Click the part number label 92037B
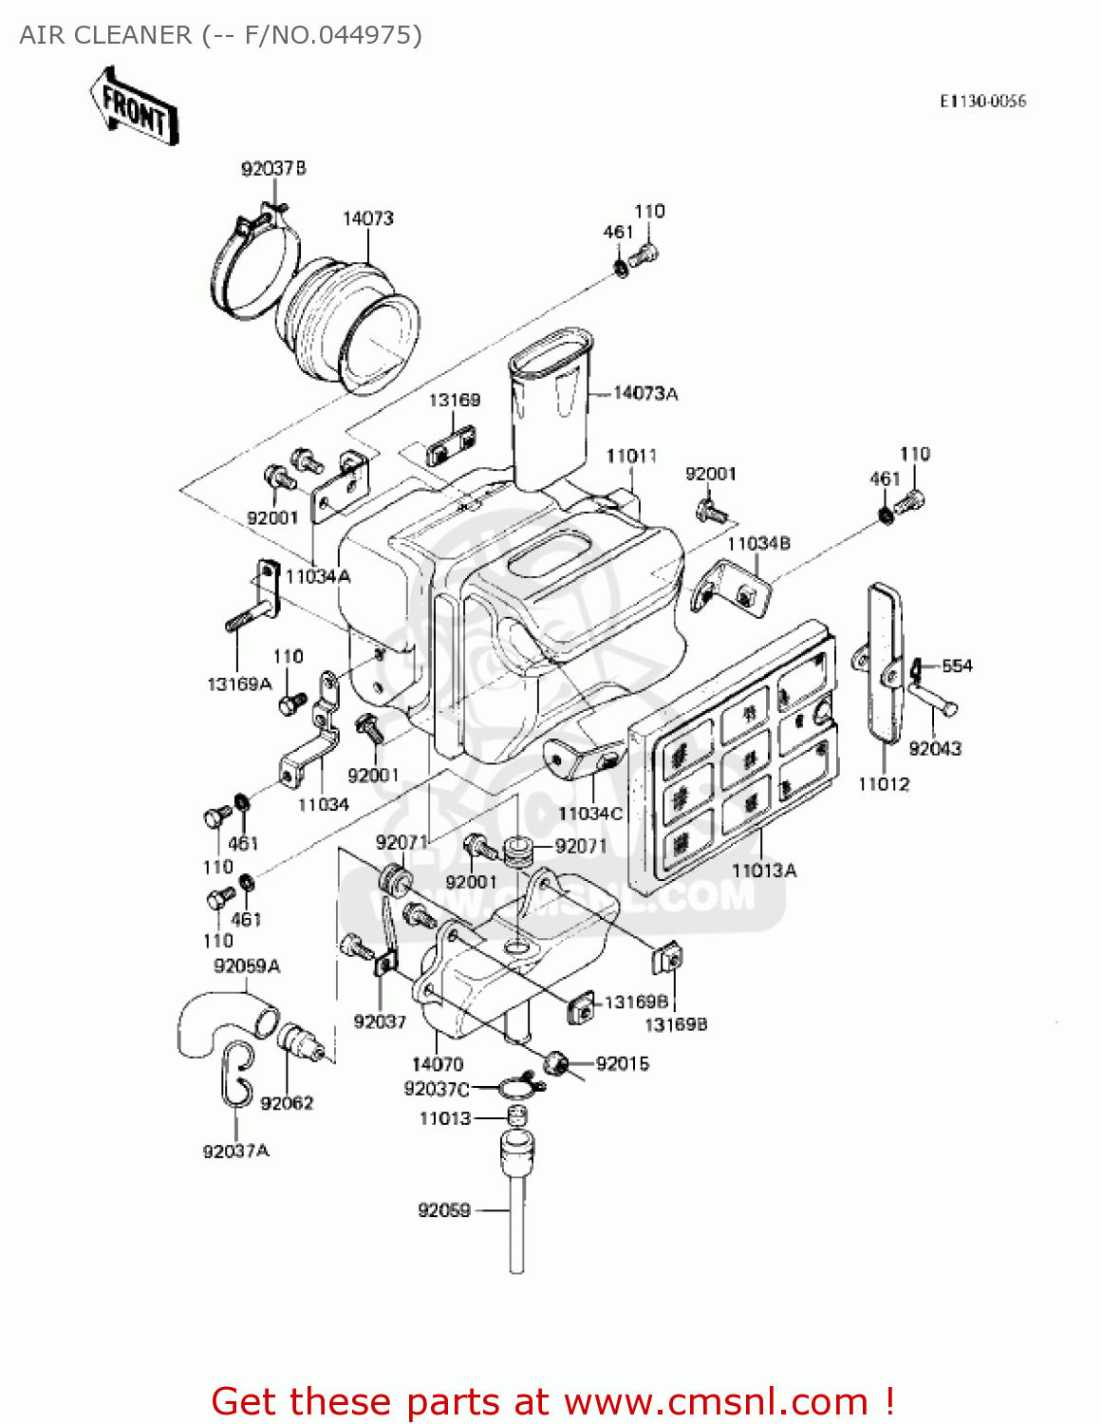(x=273, y=168)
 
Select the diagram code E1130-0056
(x=982, y=102)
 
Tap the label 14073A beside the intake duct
(x=645, y=393)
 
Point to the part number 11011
(x=631, y=456)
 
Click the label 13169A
(x=239, y=684)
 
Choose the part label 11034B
(x=758, y=543)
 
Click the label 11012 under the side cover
(x=883, y=784)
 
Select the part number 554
(x=957, y=665)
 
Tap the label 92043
(x=935, y=748)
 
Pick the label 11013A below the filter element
(x=764, y=870)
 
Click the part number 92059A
(x=247, y=965)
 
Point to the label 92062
(x=287, y=1102)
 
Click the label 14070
(x=438, y=1064)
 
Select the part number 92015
(x=623, y=1063)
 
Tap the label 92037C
(x=437, y=1089)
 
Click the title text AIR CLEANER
(x=105, y=35)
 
